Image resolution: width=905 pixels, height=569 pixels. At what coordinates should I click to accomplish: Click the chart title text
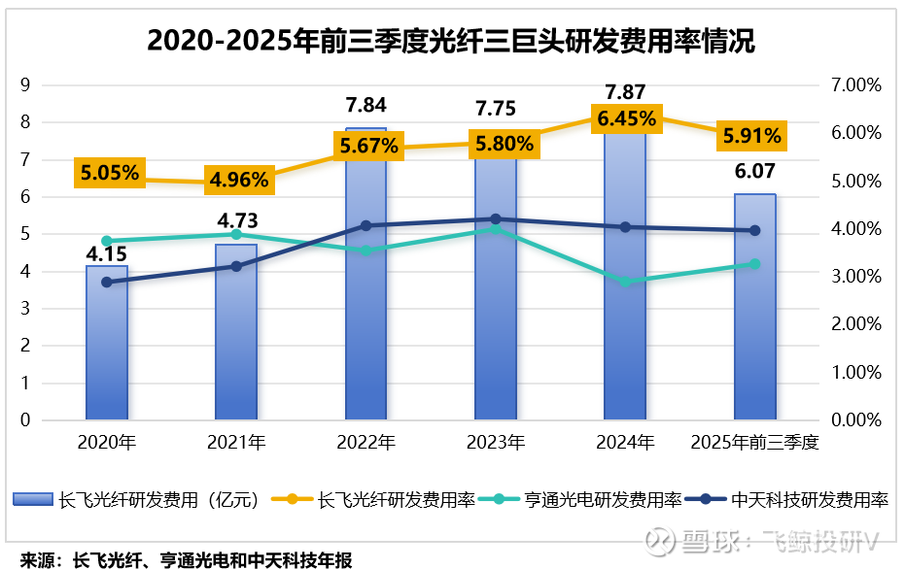click(x=451, y=41)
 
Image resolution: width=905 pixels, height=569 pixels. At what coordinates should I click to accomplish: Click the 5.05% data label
click(x=110, y=174)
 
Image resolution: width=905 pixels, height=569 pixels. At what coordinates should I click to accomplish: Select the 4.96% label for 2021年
click(x=239, y=180)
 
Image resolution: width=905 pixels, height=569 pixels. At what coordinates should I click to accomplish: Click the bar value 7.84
click(x=365, y=105)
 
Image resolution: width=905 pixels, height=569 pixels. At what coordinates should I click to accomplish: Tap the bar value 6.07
click(x=754, y=172)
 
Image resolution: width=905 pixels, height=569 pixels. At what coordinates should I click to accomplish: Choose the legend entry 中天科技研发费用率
click(x=796, y=500)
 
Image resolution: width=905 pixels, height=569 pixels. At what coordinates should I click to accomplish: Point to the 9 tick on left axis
click(x=26, y=85)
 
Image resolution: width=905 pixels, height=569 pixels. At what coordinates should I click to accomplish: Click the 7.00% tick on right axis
click(x=856, y=85)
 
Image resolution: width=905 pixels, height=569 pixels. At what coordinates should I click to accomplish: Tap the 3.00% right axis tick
click(x=856, y=277)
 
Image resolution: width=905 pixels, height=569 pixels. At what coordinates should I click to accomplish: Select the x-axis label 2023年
click(x=496, y=443)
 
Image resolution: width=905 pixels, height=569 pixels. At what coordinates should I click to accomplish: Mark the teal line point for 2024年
click(x=625, y=282)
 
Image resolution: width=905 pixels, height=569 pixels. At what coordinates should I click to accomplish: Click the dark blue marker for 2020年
click(x=107, y=283)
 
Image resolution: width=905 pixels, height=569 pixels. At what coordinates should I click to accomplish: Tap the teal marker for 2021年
click(x=236, y=234)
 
